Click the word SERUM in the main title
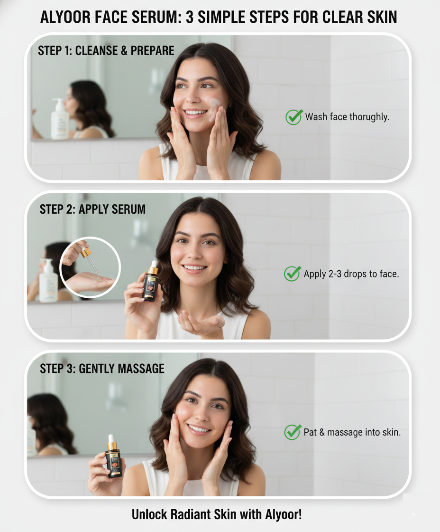156,17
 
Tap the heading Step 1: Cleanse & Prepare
106,50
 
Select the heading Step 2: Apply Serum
92,209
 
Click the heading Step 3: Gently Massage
102,369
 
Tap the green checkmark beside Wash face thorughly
293,117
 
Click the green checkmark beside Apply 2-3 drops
293,274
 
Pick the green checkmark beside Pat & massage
293,432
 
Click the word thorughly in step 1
369,117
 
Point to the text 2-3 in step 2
335,274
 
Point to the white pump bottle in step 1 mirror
60,119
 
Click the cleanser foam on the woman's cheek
214,109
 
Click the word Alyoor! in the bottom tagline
283,515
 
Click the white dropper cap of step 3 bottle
111,438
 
